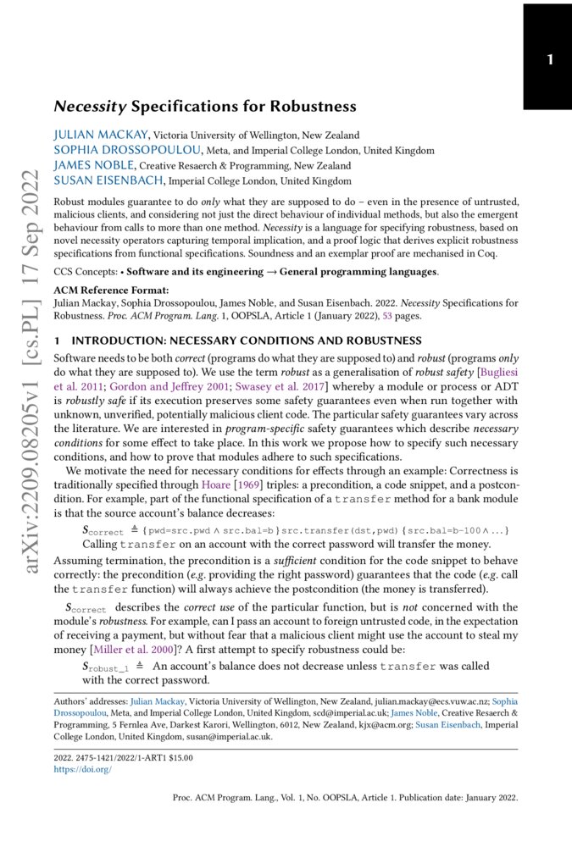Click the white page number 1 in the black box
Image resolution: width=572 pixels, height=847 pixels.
coord(550,60)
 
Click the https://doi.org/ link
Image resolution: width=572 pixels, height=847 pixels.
coord(82,769)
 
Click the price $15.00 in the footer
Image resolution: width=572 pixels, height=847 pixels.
coord(176,758)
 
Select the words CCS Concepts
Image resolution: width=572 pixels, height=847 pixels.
coord(82,272)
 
